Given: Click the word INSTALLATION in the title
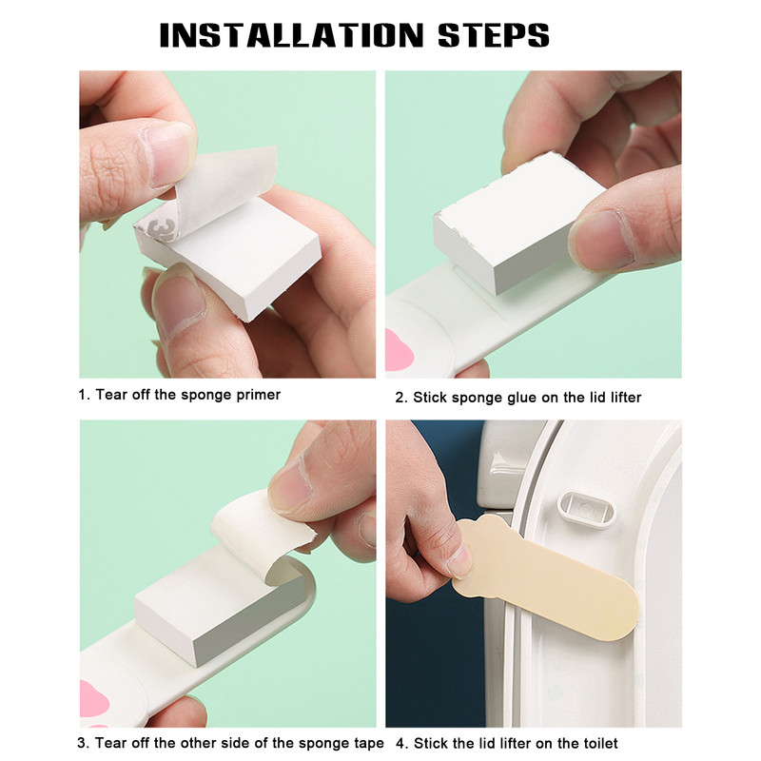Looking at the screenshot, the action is (x=292, y=35).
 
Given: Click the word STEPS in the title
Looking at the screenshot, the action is (x=493, y=35).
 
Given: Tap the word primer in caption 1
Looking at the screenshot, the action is (x=258, y=396).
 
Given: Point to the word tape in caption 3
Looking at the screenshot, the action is (x=368, y=744).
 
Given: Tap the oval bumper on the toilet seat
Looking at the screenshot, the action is (x=587, y=510).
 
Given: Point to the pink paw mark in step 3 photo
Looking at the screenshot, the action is (x=93, y=700).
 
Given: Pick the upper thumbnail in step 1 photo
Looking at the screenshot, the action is (x=168, y=155).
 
